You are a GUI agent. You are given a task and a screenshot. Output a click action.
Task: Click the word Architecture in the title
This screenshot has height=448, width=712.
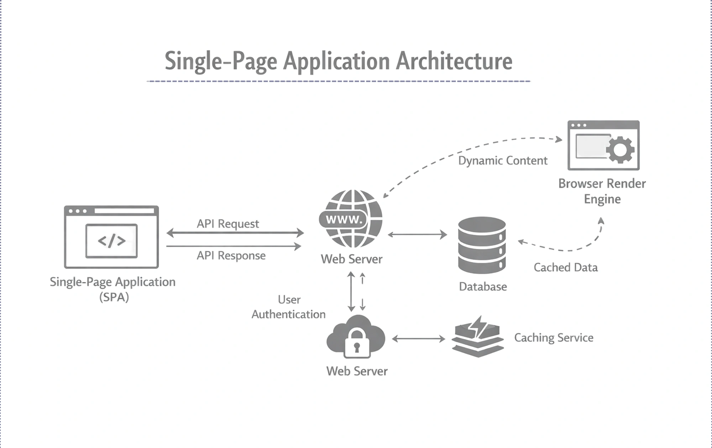(454, 61)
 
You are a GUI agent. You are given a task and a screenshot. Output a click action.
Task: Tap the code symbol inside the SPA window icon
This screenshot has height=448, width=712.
(111, 241)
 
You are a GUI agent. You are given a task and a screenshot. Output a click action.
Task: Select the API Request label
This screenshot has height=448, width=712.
(228, 224)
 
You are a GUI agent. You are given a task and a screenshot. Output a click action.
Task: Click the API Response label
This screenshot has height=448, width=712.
(231, 255)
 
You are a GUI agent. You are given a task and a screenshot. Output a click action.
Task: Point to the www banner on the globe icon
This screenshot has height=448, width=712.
(344, 219)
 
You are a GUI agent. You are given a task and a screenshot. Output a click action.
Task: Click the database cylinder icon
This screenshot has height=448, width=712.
(482, 245)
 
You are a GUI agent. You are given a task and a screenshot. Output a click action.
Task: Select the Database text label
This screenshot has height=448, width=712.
(483, 287)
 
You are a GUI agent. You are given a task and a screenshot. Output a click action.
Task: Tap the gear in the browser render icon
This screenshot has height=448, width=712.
(620, 149)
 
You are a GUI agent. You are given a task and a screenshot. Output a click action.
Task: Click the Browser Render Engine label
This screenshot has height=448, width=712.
(602, 191)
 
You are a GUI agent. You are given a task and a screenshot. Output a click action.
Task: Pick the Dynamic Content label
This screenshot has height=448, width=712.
(502, 160)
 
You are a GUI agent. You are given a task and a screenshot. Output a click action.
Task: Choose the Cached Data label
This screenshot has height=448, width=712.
(565, 267)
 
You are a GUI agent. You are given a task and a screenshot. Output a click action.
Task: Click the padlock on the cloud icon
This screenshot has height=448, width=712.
(357, 343)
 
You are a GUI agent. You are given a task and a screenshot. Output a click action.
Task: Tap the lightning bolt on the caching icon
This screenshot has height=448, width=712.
(477, 326)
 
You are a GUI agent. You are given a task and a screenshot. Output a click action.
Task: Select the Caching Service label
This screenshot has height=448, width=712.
(554, 337)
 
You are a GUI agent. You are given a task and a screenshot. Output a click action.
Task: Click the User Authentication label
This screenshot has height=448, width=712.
(289, 307)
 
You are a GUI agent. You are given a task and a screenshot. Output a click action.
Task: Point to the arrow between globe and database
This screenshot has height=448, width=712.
(417, 235)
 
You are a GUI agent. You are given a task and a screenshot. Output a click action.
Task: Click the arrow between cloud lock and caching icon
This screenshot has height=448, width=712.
(418, 339)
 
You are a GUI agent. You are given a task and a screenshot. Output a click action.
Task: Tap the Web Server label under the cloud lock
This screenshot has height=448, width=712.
(357, 371)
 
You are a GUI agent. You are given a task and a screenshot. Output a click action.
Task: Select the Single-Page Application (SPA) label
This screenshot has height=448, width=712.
(113, 289)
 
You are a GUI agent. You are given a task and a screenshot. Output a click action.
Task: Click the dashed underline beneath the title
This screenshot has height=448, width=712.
(338, 81)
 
